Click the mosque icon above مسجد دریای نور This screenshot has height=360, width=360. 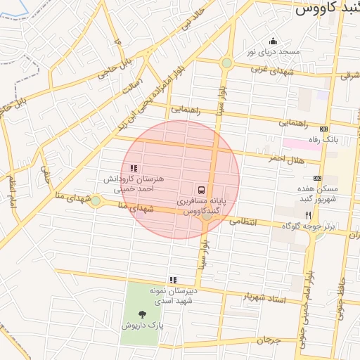point(273,41)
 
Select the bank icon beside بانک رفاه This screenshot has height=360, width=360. point(323,129)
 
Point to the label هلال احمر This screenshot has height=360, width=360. point(288,160)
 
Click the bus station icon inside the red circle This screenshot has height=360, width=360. point(201,190)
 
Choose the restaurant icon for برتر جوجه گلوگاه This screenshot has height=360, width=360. point(308,215)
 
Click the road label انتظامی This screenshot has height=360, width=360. point(245,221)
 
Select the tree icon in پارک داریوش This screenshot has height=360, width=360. point(143,314)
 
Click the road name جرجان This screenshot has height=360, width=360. point(269,340)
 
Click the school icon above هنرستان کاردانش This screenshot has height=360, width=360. point(134,168)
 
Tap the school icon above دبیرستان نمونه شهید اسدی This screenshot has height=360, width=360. point(172,280)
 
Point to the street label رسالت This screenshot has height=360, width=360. point(132,91)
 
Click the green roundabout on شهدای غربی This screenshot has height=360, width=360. point(226,63)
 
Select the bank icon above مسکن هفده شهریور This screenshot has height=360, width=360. point(317,178)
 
